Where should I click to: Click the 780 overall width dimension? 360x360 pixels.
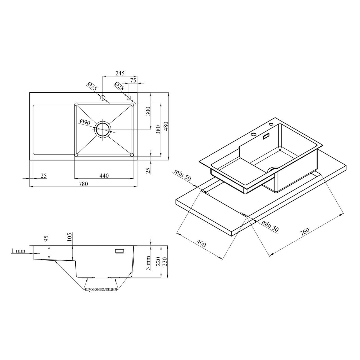click(x=83, y=184)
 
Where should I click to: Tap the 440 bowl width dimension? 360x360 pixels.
click(x=104, y=176)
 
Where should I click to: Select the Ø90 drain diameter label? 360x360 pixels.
click(x=85, y=122)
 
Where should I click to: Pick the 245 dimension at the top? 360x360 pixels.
click(x=120, y=73)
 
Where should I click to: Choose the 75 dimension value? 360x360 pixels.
click(x=133, y=81)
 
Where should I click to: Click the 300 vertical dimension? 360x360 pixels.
click(x=148, y=111)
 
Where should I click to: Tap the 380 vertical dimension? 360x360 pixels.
click(x=158, y=129)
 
